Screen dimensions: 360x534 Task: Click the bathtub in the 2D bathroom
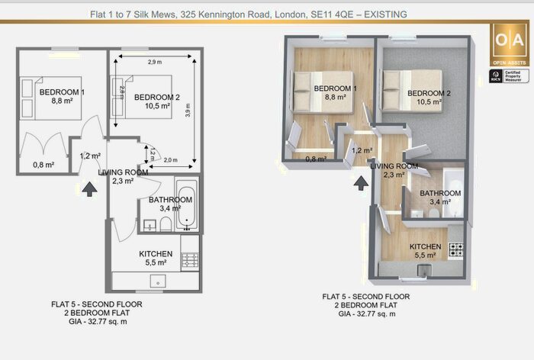pos(186,204)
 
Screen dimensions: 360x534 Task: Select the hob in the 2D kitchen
pos(190,260)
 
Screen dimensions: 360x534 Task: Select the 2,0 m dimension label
pos(170,160)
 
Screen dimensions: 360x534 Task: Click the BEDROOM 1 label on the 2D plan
pos(61,93)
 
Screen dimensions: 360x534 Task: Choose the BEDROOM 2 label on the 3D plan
pos(430,93)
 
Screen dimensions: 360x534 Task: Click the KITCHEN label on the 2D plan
pos(155,254)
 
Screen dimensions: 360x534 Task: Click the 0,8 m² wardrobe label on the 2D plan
pos(43,165)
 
